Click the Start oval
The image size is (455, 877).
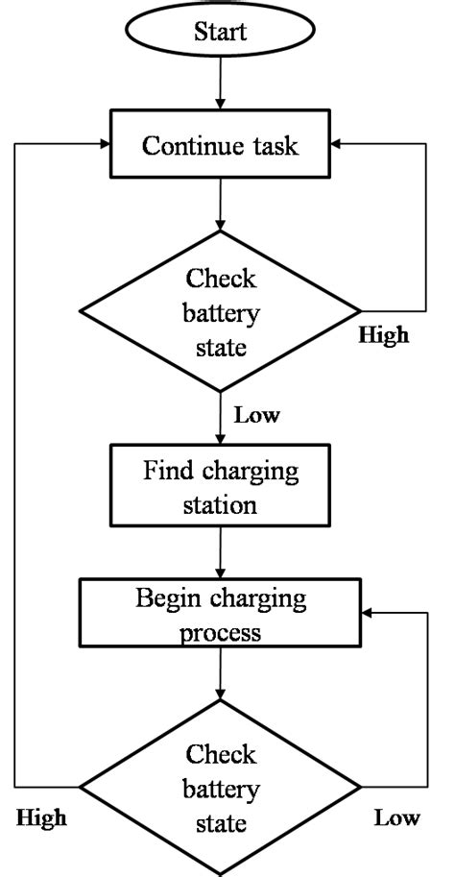point(220,32)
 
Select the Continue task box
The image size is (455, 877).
point(220,146)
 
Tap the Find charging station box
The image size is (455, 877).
point(221,487)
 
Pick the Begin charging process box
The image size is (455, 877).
point(221,616)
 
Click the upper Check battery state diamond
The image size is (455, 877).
point(221,311)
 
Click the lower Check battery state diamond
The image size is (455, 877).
point(221,788)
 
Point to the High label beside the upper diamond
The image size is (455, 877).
point(383,336)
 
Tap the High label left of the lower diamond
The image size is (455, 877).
point(42,818)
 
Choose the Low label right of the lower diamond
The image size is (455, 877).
point(396,818)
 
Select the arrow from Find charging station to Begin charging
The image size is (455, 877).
point(221,555)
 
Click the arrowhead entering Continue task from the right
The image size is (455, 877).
point(338,145)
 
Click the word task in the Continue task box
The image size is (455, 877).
point(274,147)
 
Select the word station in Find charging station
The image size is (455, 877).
point(221,502)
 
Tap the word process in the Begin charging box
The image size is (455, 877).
point(221,633)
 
